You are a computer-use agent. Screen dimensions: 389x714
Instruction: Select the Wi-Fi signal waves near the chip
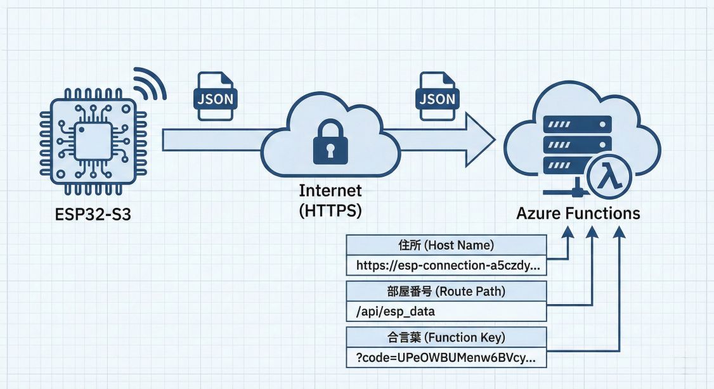pos(150,85)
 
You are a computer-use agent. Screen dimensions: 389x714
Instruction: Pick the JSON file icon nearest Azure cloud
pos(437,96)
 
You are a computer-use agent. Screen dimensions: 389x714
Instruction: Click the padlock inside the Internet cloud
pos(330,143)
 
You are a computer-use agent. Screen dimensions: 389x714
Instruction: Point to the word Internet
pos(330,191)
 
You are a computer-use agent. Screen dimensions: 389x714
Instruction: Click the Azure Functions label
pos(578,214)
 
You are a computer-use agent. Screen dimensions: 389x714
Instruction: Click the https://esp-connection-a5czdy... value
pos(446,265)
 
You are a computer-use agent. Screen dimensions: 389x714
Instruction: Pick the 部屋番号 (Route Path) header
pos(446,291)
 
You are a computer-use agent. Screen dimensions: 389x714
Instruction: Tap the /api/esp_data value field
pos(446,311)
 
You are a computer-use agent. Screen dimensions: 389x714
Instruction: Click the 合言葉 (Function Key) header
pos(446,337)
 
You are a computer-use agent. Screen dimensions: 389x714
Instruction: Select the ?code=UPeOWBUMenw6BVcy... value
pos(446,358)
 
